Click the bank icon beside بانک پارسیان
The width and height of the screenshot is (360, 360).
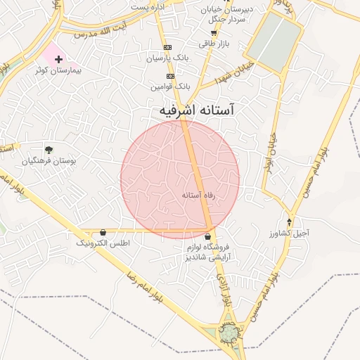click(x=167, y=47)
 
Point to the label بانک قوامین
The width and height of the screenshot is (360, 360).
click(x=170, y=86)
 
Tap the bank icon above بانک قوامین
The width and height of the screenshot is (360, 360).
click(x=170, y=75)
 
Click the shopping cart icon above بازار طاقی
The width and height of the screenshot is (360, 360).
click(x=214, y=32)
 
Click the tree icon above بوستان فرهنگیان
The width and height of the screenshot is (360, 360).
click(x=49, y=149)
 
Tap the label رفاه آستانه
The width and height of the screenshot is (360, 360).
click(x=197, y=194)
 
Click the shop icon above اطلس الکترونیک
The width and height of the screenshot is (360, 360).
click(x=103, y=232)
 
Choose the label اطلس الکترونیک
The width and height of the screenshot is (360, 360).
click(x=103, y=243)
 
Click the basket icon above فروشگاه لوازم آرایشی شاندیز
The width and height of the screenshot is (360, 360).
click(x=207, y=237)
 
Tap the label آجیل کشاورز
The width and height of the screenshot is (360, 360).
click(x=289, y=233)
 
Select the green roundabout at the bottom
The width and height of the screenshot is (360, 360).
click(x=229, y=330)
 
